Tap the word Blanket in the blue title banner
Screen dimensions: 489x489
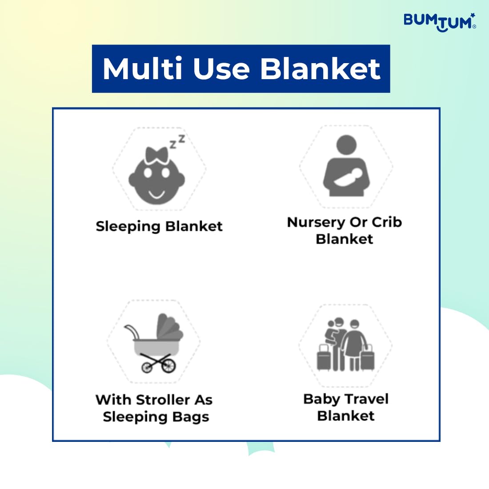[x=320, y=68]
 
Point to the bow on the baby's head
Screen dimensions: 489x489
[x=157, y=155]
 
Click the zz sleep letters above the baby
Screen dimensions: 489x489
[x=177, y=141]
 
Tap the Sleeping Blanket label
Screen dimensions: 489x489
[x=159, y=226]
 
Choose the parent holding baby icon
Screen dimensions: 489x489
[x=346, y=166]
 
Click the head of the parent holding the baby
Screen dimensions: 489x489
[x=346, y=145]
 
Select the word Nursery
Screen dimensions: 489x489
[x=316, y=223]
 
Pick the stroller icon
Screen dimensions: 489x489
[x=154, y=343]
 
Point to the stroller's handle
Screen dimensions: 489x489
[x=132, y=331]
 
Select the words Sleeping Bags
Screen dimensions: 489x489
[x=156, y=417]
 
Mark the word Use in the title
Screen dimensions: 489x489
[x=221, y=68]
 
